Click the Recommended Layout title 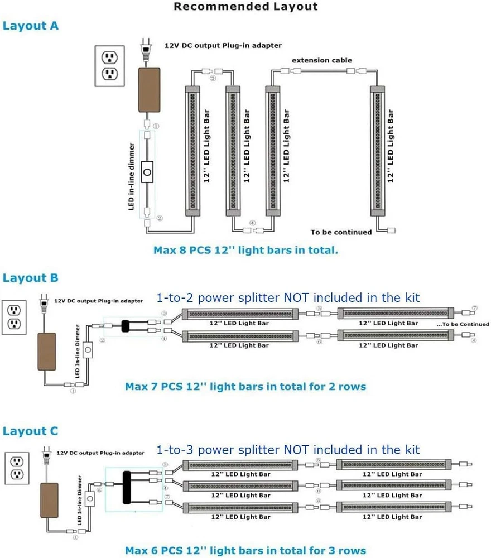pos(245,7)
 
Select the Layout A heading pos(31,26)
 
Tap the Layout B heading pos(31,278)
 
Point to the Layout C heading pos(31,431)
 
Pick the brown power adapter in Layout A pos(148,89)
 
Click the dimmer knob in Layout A pos(147,174)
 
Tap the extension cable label pos(322,60)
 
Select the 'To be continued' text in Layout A pos(341,232)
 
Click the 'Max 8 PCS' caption pos(245,250)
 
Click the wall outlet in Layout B pos(14,317)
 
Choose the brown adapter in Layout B pos(47,352)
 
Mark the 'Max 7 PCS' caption pos(245,386)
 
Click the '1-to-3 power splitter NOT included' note pos(288,450)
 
